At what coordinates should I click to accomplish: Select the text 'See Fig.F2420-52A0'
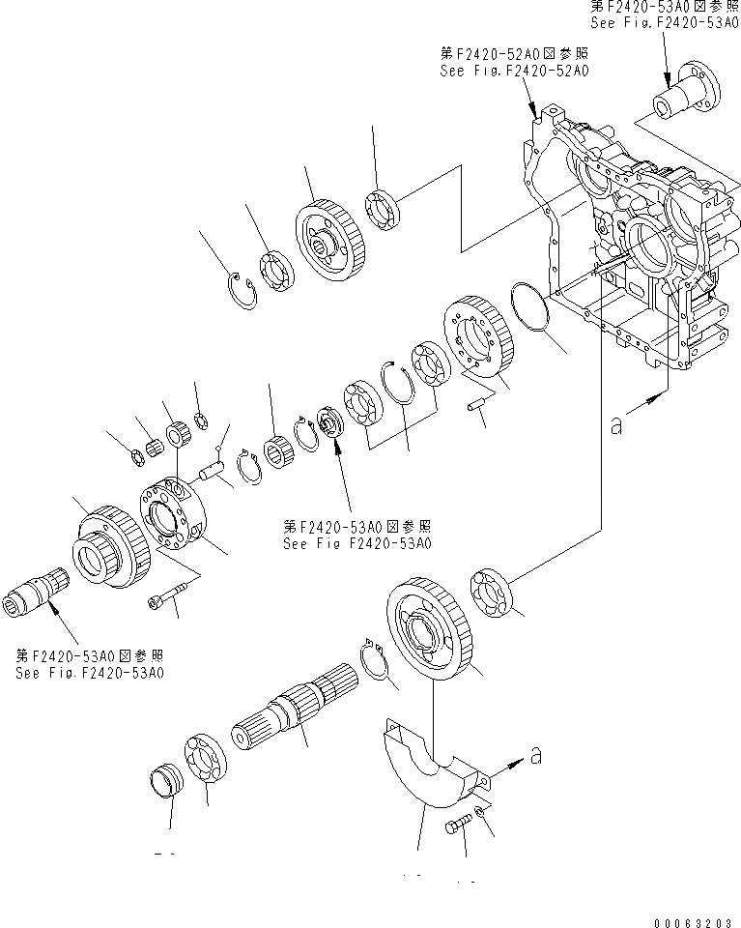(515, 71)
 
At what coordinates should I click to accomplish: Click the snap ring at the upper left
(242, 289)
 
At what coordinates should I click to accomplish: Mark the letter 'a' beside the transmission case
(615, 424)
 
